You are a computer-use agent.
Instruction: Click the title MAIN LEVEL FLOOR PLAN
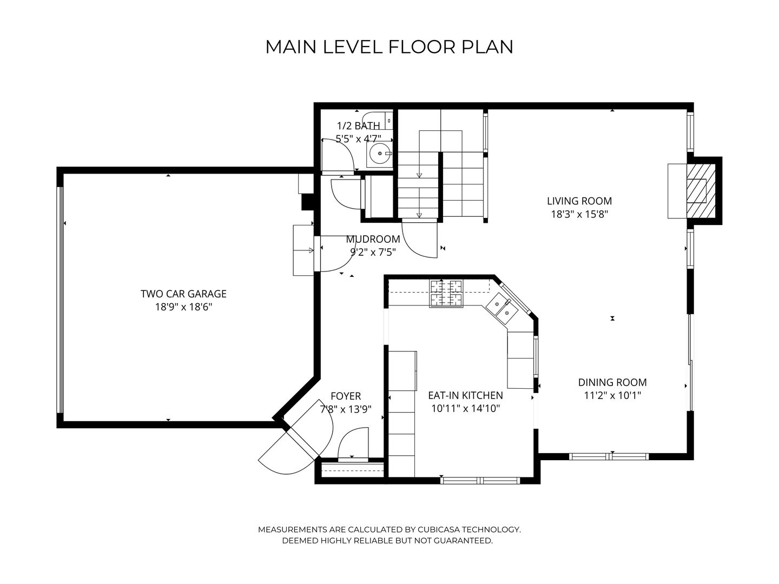point(389,47)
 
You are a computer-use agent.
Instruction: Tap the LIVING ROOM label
point(579,201)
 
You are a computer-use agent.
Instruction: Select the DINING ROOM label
point(612,382)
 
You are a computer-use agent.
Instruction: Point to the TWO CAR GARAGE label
point(183,294)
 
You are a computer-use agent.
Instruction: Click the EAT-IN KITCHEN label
point(465,395)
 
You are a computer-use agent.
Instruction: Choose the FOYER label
point(345,396)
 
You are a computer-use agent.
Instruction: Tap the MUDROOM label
point(373,239)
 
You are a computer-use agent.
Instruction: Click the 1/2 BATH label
point(358,126)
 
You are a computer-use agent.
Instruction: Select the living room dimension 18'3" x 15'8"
point(579,214)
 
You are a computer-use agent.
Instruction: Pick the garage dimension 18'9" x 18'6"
point(183,307)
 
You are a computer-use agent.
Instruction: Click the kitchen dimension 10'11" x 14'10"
point(465,409)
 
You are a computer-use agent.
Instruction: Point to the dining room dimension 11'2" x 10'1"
point(612,395)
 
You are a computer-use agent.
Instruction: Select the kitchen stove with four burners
point(446,294)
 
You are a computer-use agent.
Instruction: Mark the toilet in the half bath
point(377,120)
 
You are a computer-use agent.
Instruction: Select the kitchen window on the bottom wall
point(480,480)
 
